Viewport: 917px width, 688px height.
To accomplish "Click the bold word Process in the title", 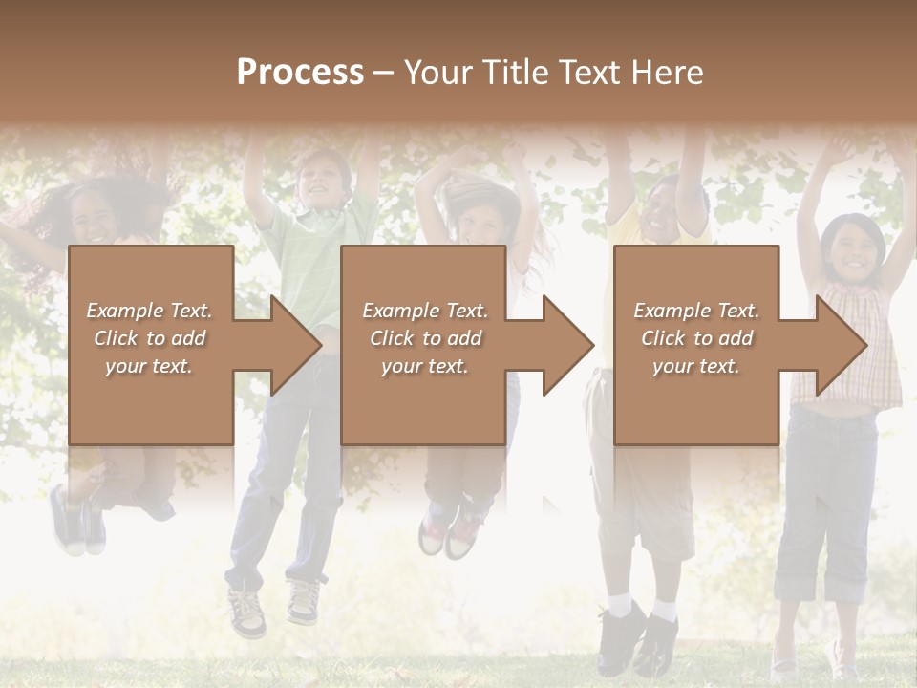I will (300, 73).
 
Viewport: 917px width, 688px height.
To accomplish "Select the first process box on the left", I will (151, 287).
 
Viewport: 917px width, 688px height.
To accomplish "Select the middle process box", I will (423, 287).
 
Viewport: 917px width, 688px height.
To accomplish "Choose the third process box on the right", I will (695, 287).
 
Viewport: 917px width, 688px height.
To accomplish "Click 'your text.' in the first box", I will (149, 366).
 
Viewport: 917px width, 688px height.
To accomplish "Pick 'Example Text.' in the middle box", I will (425, 311).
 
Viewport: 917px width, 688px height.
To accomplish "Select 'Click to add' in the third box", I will (697, 338).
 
